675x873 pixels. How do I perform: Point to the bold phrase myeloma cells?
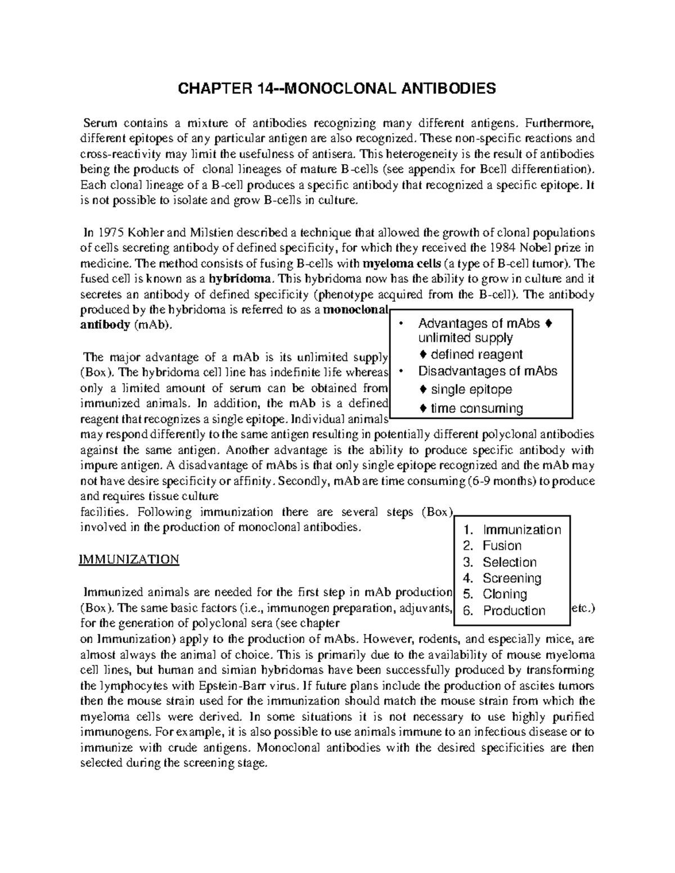point(402,264)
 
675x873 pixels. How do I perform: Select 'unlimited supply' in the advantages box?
point(465,338)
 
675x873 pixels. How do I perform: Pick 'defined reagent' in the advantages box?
point(477,355)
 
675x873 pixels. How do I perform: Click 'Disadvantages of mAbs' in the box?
point(487,371)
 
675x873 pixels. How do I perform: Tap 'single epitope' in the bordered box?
point(471,390)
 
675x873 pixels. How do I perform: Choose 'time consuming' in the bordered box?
point(476,409)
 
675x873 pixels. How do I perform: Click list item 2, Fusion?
point(502,546)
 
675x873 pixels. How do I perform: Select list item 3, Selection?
point(509,562)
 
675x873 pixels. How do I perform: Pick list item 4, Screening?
point(511,578)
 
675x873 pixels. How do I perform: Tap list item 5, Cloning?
point(505,594)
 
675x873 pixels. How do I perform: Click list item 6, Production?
point(514,611)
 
